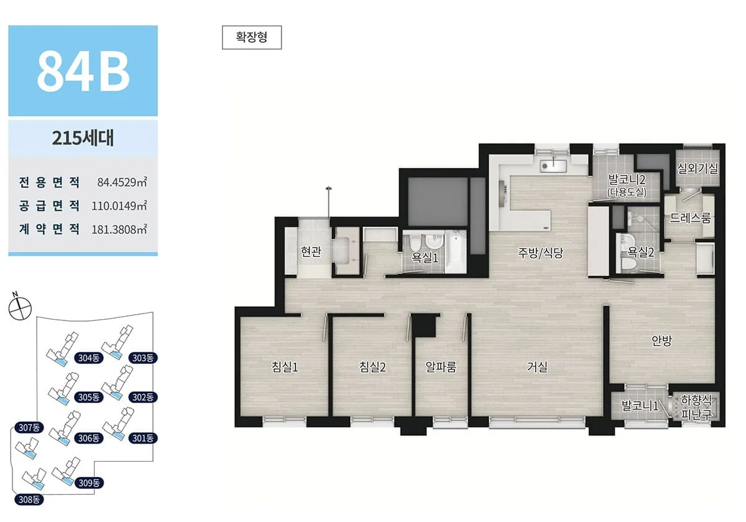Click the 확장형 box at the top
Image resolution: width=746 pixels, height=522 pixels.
(x=252, y=37)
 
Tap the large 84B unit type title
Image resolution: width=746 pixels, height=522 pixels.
(x=83, y=72)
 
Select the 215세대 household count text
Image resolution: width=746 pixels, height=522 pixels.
(x=83, y=138)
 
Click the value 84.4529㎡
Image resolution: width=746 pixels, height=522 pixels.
(x=122, y=182)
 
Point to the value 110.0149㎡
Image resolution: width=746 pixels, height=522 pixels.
(x=119, y=206)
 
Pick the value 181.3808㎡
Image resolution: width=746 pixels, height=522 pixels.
(x=119, y=230)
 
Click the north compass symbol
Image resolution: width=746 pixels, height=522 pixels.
(x=20, y=307)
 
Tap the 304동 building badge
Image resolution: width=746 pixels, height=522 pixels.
(x=89, y=358)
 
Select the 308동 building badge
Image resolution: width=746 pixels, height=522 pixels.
(x=29, y=500)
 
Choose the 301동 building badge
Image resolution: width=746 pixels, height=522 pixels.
(x=143, y=438)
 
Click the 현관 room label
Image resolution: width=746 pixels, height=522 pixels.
(x=311, y=251)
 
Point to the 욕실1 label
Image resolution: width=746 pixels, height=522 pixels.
(x=425, y=258)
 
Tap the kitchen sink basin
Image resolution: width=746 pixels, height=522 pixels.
(x=553, y=165)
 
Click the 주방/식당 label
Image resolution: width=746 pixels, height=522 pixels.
(x=540, y=253)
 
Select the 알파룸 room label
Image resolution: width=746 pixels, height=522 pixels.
(x=441, y=367)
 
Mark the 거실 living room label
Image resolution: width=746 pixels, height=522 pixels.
(x=537, y=367)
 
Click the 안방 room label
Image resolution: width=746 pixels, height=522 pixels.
(x=661, y=341)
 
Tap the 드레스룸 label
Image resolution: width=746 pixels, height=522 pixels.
(x=690, y=218)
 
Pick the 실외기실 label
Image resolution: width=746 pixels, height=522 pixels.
(x=698, y=169)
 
